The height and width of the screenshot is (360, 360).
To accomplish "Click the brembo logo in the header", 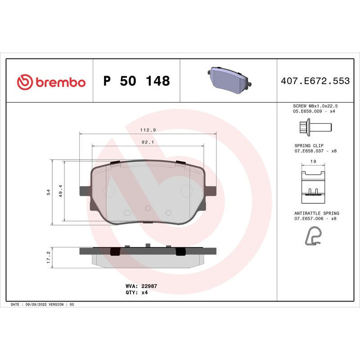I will click(x=51, y=82).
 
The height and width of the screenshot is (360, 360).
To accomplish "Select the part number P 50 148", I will click(x=136, y=81).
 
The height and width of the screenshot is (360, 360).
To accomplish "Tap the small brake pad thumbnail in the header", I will click(x=228, y=80).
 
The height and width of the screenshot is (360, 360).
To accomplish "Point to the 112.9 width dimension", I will click(x=148, y=130).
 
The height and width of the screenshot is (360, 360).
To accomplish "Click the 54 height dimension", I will click(x=48, y=192).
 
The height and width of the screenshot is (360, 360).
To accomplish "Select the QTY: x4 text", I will click(x=136, y=292).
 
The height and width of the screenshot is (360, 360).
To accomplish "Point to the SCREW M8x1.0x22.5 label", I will click(x=315, y=105).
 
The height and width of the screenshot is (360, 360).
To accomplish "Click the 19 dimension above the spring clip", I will click(x=313, y=161).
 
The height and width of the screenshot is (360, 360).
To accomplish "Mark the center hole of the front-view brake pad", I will click(x=148, y=208).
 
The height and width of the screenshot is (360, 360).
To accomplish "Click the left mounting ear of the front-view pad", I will click(x=84, y=191).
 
